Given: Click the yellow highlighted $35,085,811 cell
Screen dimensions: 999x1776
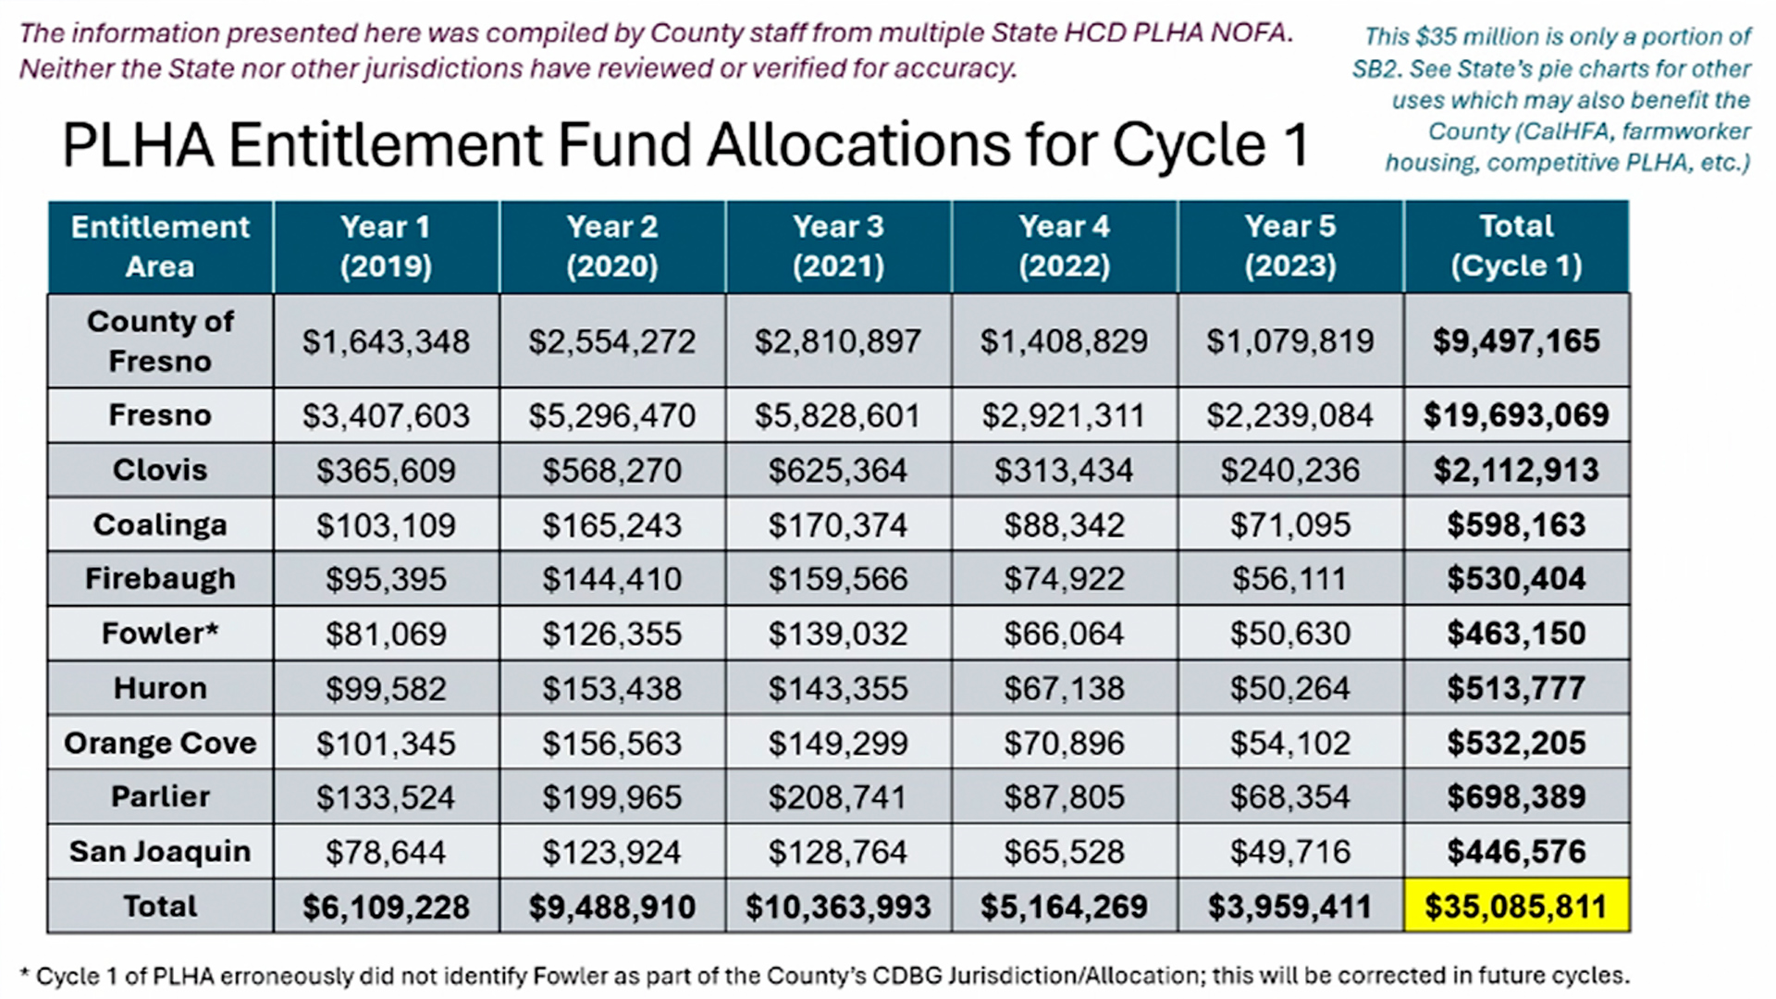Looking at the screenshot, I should [1515, 906].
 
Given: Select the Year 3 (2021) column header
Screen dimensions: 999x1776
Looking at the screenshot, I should [838, 246].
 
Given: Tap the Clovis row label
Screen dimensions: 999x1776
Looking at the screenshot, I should [160, 470].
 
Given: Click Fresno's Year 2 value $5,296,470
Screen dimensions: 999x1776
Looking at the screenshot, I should [611, 415].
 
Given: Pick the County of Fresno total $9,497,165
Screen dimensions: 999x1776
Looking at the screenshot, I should [1515, 341].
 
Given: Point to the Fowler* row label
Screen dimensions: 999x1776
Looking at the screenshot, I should [160, 634].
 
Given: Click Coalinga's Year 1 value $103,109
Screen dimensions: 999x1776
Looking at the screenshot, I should [386, 525].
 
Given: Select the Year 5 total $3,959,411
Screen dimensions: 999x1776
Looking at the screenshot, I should [1289, 906].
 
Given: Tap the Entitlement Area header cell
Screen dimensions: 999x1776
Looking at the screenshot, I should [160, 246].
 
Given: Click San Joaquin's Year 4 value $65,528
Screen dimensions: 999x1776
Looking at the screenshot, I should [1064, 852].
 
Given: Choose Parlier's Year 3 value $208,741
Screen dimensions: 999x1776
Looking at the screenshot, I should [838, 797].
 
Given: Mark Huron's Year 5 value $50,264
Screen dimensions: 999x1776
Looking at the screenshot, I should [1289, 688].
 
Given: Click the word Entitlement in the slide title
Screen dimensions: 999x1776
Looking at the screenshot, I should [385, 145].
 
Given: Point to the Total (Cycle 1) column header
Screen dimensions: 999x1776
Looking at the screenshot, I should [1515, 246].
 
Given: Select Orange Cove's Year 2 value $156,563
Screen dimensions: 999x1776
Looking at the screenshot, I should [611, 743].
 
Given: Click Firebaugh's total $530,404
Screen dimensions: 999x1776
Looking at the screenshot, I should [1515, 579].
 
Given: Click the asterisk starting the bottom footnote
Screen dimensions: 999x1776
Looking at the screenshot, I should [25, 974].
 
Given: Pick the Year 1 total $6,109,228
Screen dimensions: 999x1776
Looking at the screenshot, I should [386, 906].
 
